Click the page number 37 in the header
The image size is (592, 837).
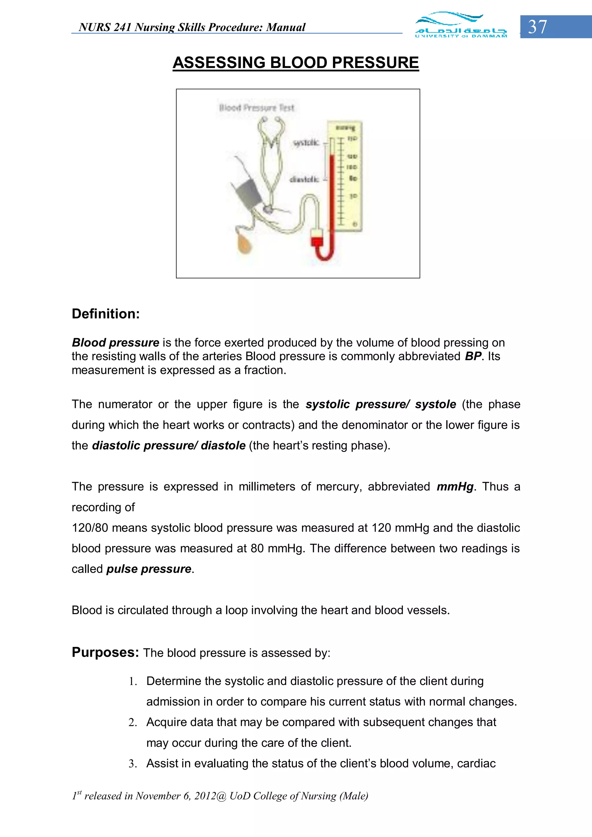click(538, 27)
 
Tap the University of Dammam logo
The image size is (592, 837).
click(461, 25)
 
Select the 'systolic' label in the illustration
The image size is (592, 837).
click(306, 143)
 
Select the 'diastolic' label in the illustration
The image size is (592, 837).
click(304, 179)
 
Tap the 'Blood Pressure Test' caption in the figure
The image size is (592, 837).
click(256, 108)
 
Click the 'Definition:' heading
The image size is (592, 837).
click(106, 314)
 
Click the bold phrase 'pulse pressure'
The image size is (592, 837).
click(149, 569)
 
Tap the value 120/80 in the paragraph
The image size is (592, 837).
click(90, 528)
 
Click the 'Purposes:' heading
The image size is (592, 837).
click(105, 652)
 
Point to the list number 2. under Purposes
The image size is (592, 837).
click(132, 723)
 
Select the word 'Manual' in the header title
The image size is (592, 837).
click(286, 27)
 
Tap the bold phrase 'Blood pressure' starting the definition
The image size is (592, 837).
click(115, 343)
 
